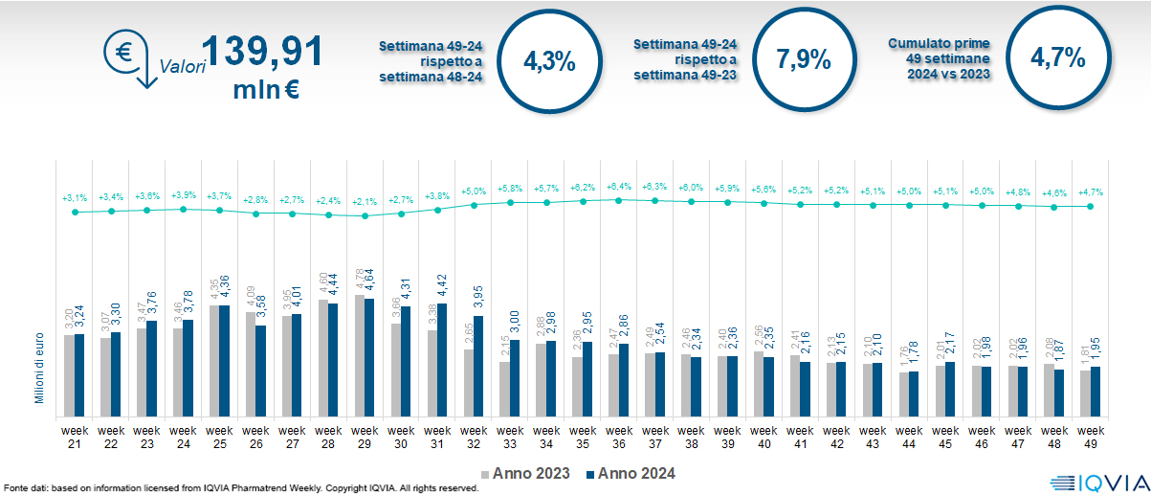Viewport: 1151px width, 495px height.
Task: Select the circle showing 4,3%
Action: point(550,61)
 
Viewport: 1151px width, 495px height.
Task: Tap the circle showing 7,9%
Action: point(804,59)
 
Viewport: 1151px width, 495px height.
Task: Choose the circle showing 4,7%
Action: point(1057,59)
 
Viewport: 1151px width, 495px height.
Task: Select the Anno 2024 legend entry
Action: point(631,473)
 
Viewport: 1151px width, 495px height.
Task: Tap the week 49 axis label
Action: point(1091,437)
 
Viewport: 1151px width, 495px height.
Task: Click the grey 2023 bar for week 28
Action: point(322,358)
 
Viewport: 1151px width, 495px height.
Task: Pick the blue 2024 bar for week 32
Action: point(477,367)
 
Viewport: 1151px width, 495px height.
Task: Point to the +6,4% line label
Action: point(619,187)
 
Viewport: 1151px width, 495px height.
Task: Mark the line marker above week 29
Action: point(364,216)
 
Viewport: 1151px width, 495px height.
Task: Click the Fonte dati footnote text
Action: point(239,488)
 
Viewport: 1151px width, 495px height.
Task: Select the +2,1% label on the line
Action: point(364,202)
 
